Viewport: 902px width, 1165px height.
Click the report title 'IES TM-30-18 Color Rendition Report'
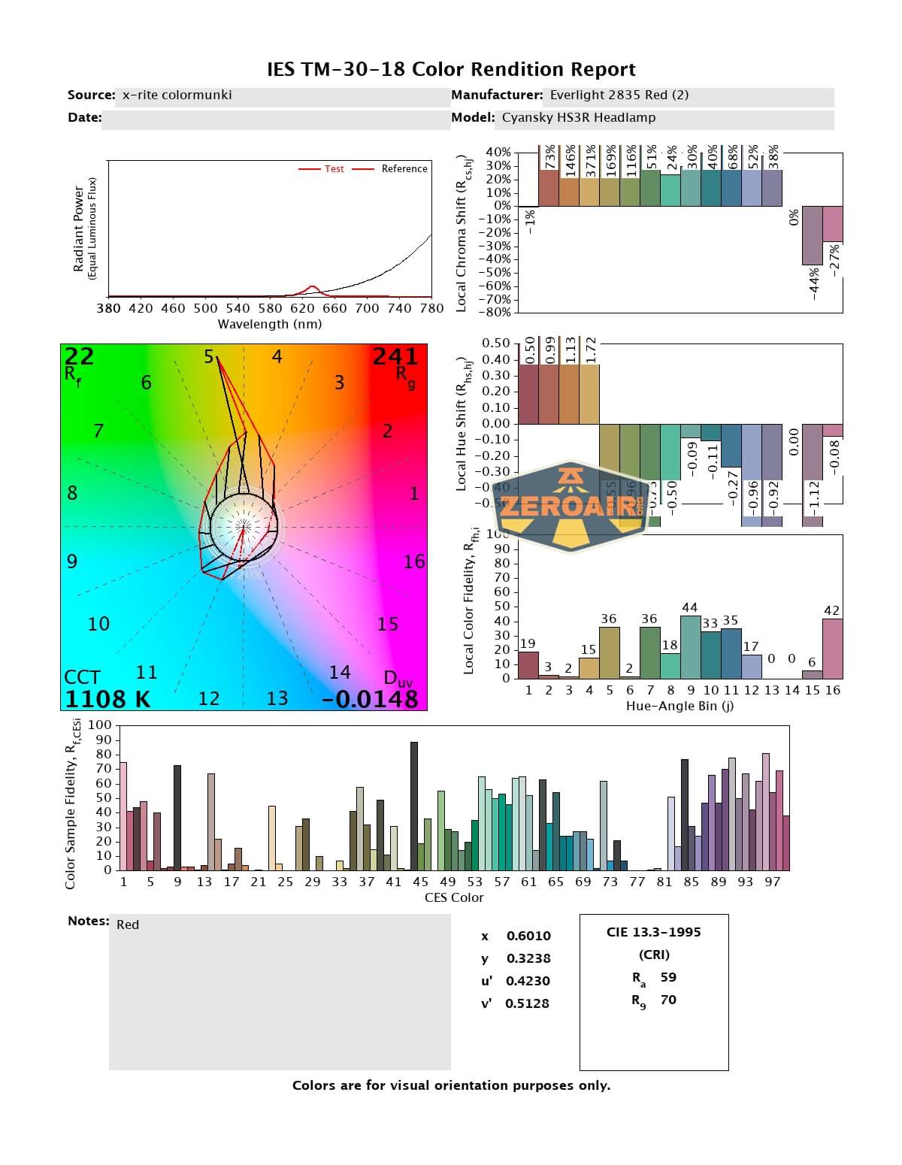451,70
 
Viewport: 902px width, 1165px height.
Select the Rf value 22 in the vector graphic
79,356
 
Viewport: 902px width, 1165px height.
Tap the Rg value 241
395,356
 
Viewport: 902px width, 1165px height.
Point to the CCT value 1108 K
107,699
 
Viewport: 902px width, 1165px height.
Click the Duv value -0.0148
370,699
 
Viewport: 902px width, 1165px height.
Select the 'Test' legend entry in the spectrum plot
334,169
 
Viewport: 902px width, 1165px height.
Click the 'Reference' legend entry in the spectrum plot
404,169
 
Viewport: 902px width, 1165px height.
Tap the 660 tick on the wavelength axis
334,308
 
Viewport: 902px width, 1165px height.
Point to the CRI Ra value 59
668,977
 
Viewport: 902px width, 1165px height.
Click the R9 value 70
668,1000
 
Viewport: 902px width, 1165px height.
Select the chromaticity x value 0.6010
528,936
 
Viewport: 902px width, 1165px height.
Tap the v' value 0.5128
527,1003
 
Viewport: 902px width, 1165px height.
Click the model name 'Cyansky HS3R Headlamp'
579,118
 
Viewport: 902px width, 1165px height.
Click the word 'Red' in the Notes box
128,924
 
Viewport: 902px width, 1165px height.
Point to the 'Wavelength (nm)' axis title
270,324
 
